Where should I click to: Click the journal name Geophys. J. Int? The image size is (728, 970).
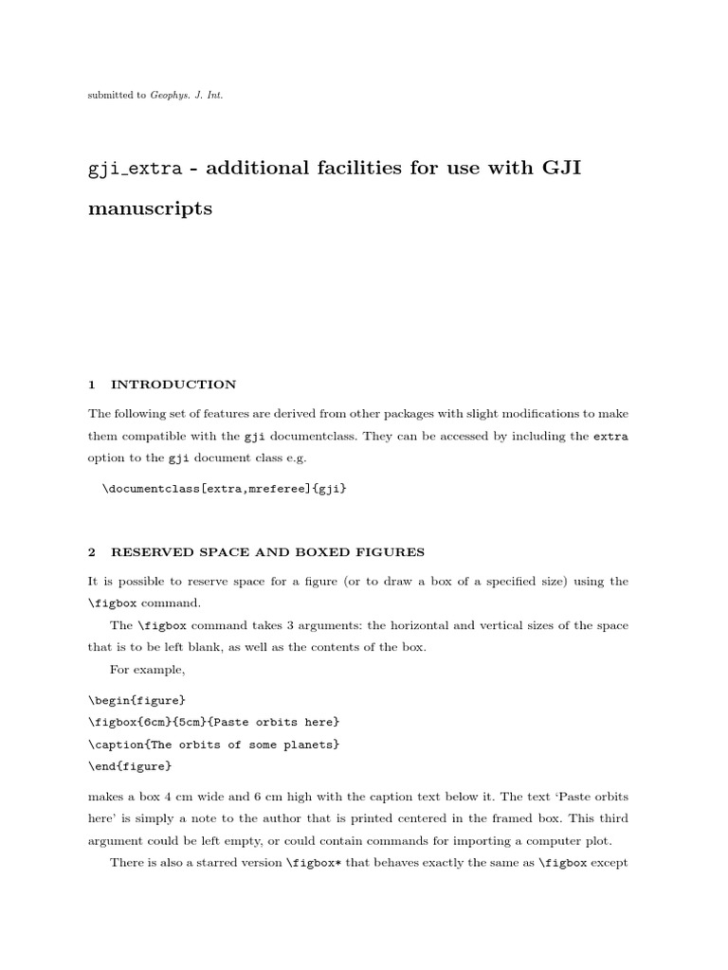pyautogui.click(x=187, y=96)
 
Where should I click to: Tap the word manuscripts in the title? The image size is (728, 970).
pyautogui.click(x=150, y=209)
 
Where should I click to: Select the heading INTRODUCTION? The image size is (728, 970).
pyautogui.click(x=173, y=385)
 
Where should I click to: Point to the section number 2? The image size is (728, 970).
pyautogui.click(x=92, y=551)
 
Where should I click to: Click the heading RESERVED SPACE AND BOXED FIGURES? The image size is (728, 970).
pyautogui.click(x=267, y=551)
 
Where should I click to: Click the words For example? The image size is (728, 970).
pyautogui.click(x=147, y=670)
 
